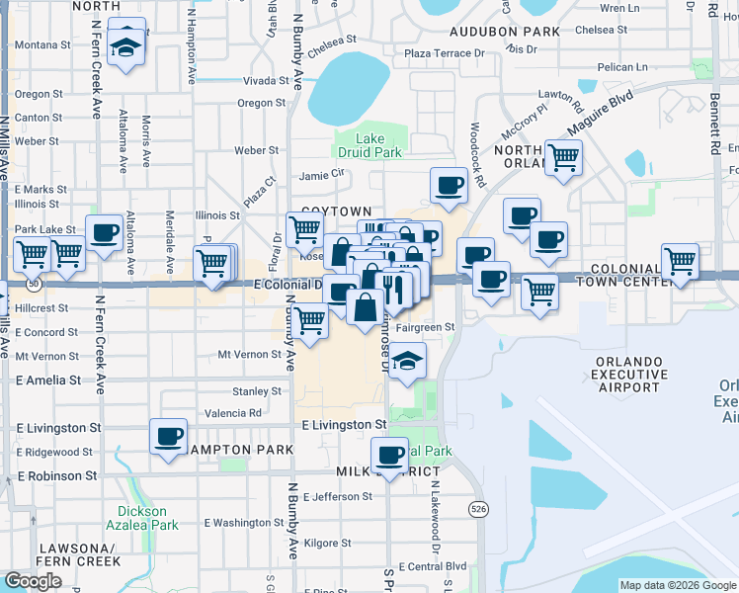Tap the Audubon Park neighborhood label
coord(506,32)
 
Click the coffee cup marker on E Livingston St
coord(169,436)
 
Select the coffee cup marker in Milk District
coord(390,455)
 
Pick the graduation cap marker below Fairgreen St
coord(406,360)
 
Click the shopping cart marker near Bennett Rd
coord(680,262)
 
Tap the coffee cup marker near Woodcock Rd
coord(448,185)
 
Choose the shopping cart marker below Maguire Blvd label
coord(563,156)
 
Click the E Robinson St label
coord(58,475)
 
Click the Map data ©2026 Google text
coord(677,585)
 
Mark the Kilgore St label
coord(327,543)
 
